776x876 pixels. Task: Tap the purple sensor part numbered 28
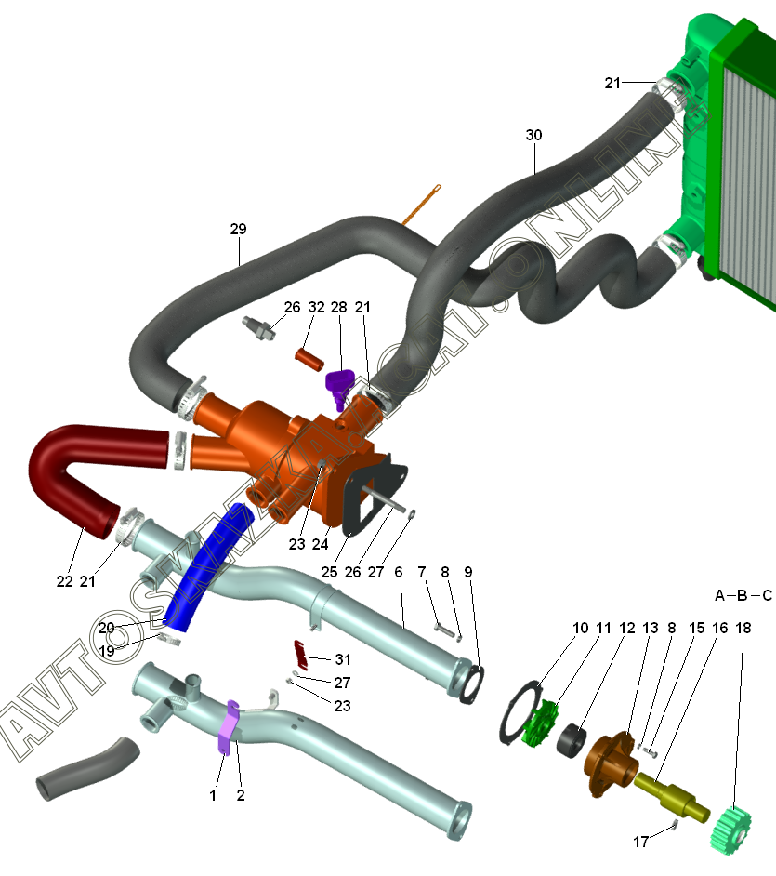click(341, 383)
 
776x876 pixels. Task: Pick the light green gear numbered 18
click(739, 826)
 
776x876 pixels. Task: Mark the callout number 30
click(533, 135)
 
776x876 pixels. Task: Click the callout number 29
click(238, 229)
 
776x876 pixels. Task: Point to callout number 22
click(64, 582)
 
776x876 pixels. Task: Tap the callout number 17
click(640, 843)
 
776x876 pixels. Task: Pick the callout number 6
click(399, 573)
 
